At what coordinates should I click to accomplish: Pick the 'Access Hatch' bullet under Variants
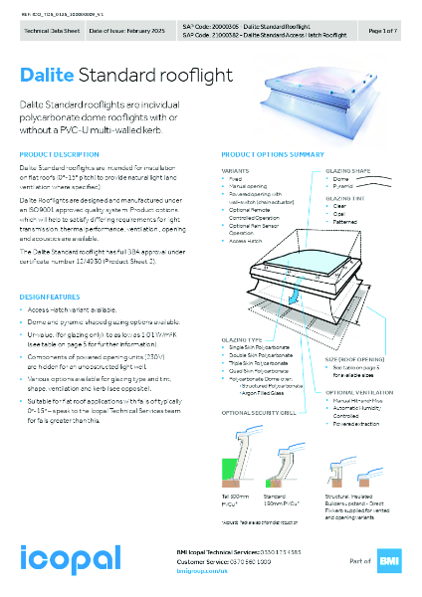coord(246,242)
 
